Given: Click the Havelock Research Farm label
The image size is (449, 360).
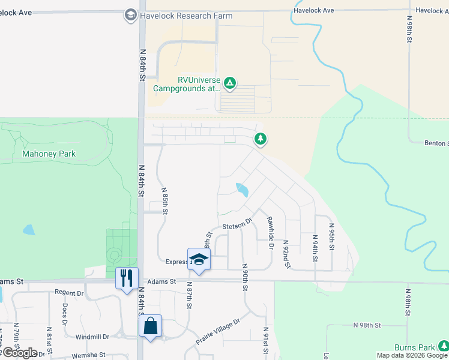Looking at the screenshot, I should coord(185,16).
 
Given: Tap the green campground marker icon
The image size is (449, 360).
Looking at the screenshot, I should coord(229,83).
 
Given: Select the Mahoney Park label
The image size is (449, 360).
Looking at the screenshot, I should coord(49,154).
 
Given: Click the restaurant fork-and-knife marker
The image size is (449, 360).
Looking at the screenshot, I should coord(127,278).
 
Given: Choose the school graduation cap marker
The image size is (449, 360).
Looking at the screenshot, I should coord(199,259).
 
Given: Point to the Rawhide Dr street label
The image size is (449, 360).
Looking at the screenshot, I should coord(270,233).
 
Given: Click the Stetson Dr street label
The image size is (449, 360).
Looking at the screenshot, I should coord(235,226).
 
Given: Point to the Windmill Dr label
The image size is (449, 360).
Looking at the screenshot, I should coord(92,337).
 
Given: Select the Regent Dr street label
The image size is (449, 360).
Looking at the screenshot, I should coord(69,293).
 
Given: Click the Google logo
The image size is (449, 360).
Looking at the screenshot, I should coord(20,353).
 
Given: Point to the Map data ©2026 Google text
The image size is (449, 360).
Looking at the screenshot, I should coord(412,355).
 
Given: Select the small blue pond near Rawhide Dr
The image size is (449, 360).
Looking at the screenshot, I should coord(243,190).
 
